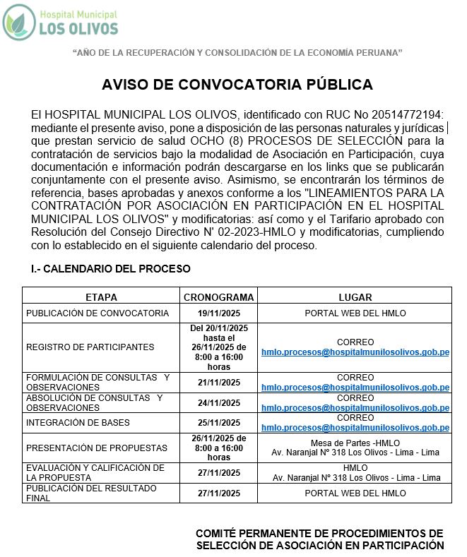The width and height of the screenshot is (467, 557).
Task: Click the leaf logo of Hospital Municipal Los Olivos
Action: click(x=19, y=22)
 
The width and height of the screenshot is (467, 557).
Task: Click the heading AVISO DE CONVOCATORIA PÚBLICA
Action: click(x=237, y=85)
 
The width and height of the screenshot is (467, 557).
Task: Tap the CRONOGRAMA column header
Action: click(x=218, y=297)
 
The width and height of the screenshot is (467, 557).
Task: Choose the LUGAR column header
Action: click(x=355, y=297)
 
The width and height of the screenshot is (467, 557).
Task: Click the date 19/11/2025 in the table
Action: click(x=218, y=313)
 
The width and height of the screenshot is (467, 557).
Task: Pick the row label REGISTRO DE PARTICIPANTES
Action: click(x=90, y=347)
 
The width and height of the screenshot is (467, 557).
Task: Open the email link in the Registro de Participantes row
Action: click(x=355, y=352)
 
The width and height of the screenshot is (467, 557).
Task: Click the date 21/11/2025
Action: click(x=218, y=383)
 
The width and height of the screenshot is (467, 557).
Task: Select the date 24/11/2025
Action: click(x=218, y=402)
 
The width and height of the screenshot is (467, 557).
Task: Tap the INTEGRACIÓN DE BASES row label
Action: click(x=78, y=423)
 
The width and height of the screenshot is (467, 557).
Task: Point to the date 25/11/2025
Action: click(x=218, y=423)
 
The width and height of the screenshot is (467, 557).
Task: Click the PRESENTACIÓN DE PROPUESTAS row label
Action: click(x=97, y=448)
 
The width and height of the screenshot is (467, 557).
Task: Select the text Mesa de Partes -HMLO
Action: click(x=355, y=443)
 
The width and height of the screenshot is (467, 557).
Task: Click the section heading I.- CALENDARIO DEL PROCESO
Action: click(x=111, y=269)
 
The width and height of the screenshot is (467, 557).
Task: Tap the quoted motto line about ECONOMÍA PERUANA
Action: click(x=237, y=53)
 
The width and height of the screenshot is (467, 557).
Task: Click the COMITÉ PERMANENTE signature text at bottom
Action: click(x=319, y=539)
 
